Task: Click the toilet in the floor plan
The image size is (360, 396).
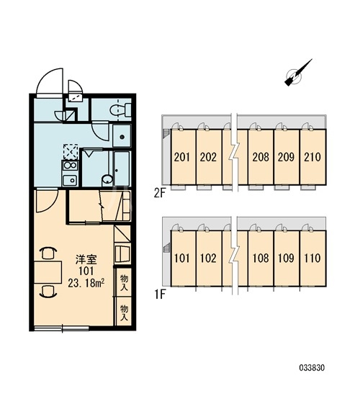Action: tap(120, 109)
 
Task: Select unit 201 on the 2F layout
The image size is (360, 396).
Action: tap(182, 157)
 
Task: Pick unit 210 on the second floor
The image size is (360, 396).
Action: tap(312, 157)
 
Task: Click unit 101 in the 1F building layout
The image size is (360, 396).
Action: tap(182, 258)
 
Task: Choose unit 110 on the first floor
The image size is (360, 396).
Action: tap(312, 258)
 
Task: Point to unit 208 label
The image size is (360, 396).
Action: tap(261, 157)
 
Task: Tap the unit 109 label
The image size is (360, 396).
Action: tap(287, 258)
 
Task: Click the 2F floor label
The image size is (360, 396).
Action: tap(160, 194)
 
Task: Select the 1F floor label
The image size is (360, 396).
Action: tap(160, 294)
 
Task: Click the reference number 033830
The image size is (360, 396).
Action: tap(312, 368)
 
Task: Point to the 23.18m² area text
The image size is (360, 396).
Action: tap(86, 284)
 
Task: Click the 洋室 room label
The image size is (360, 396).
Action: tap(86, 259)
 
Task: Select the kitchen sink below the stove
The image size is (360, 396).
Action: tap(71, 180)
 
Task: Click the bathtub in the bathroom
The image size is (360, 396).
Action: tap(122, 168)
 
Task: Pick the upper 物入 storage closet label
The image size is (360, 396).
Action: tap(124, 283)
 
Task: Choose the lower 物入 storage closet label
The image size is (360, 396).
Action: tap(124, 312)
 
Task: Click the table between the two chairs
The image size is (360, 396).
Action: tap(48, 272)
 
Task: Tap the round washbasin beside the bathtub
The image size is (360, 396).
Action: tap(107, 179)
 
